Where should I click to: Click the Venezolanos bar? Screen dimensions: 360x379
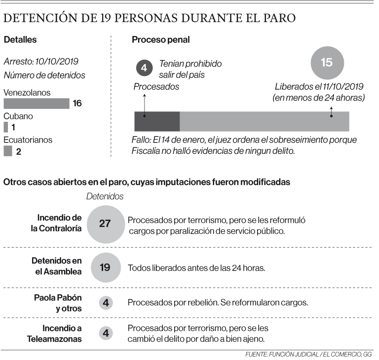point(36,104)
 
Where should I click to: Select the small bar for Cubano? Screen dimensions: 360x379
point(5,127)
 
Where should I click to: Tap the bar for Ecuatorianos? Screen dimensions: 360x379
point(7,151)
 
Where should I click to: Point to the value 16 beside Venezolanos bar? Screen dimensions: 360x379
point(77,104)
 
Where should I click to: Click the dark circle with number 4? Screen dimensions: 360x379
point(144,68)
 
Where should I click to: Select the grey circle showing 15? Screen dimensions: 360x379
point(327,62)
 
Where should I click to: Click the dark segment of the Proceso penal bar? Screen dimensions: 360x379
point(157,121)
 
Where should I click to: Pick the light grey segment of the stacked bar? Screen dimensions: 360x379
point(264,121)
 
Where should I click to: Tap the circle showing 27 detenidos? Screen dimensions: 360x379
point(105,223)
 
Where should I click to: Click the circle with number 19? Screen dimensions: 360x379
point(105,268)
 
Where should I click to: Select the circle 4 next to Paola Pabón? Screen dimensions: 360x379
point(105,302)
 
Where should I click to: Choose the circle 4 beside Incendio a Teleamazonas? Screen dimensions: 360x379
point(105,333)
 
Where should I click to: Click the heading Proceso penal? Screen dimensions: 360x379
point(160,39)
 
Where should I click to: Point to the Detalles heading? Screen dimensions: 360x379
point(20,39)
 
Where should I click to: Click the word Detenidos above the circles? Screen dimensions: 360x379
point(105,196)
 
